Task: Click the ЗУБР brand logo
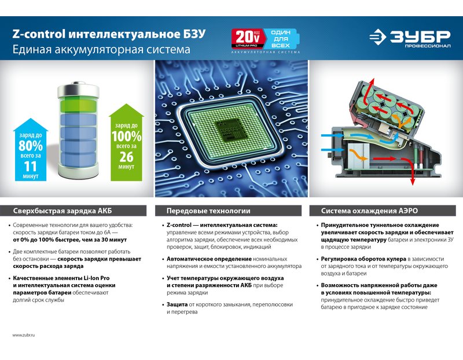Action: [410, 38]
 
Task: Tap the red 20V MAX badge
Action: [248, 38]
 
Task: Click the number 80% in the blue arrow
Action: [31, 146]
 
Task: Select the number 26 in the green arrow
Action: [126, 157]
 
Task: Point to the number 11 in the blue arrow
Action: [31, 167]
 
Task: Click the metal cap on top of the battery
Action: [78, 90]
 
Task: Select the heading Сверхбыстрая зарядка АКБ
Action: [63, 211]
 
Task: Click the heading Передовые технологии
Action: [208, 211]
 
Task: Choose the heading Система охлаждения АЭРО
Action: [369, 211]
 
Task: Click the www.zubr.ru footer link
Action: [24, 335]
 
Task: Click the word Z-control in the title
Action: [39, 34]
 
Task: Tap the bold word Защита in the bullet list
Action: [177, 304]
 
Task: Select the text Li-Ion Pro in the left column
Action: [97, 278]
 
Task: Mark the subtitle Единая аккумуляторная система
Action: [101, 49]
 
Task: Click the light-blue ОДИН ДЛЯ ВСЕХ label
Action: [281, 39]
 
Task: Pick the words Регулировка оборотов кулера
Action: [363, 259]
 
